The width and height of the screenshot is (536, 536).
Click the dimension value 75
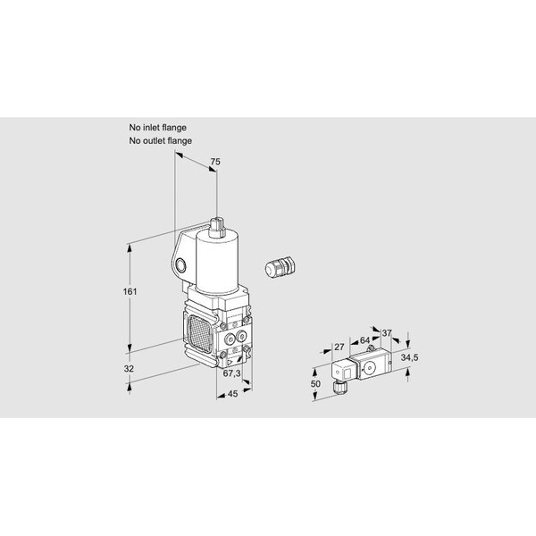tap(215, 162)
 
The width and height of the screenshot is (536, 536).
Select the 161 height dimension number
tap(130, 291)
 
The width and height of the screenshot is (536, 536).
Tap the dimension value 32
tap(129, 369)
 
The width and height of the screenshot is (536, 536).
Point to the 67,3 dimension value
tap(231, 373)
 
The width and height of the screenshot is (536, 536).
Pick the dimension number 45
tap(232, 394)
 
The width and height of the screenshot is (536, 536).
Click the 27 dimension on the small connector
tap(339, 348)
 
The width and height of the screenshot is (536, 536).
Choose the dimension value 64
tap(364, 340)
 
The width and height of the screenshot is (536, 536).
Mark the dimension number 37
tap(387, 333)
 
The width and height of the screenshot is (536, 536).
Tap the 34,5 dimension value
tap(409, 357)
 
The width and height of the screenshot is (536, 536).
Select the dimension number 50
tap(315, 384)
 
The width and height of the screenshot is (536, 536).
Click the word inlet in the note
tap(151, 128)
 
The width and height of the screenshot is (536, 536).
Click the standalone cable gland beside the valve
tap(280, 265)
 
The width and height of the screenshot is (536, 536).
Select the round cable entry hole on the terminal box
tap(180, 265)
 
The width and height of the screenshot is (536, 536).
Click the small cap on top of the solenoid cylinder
tap(217, 226)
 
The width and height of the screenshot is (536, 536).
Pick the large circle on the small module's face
tap(369, 368)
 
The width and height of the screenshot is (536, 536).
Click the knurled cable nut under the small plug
tap(340, 387)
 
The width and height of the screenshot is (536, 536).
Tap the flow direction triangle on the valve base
tap(230, 362)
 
